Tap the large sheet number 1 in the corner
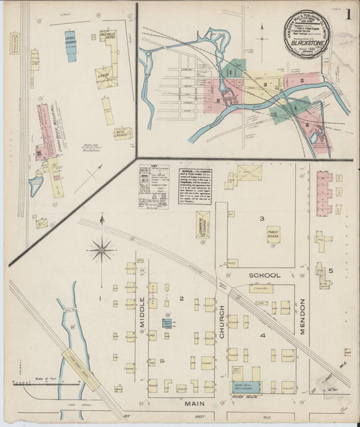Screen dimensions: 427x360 pos(349,13)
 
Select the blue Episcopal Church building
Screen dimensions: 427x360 pos(71,46)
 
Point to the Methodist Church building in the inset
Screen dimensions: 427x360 pos(122,133)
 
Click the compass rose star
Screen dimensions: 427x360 pos(101,251)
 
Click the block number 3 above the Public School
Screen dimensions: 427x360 pos(261,218)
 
